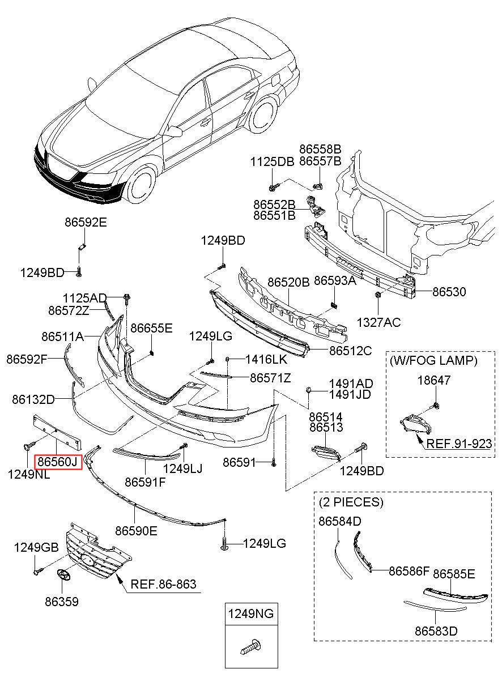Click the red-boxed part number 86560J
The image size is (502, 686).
(58, 462)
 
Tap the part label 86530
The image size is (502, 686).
(449, 292)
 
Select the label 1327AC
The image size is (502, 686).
(378, 322)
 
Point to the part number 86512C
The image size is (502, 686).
(350, 351)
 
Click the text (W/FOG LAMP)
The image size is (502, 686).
(433, 361)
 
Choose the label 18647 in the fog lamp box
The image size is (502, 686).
(434, 380)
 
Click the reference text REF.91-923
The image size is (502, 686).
(459, 444)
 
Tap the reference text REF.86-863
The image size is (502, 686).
(163, 584)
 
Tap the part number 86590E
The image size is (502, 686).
(137, 531)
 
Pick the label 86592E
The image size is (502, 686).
(86, 222)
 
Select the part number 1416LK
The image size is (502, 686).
(266, 359)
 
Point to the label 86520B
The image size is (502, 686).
(288, 282)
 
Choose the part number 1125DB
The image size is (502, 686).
(273, 161)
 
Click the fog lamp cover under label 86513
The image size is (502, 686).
(326, 453)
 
